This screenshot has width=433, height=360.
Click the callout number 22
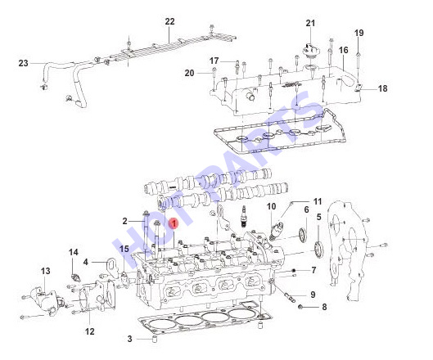[169, 21]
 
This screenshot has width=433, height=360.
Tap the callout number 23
[24, 63]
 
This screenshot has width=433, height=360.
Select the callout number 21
[310, 23]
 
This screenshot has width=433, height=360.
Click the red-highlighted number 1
[174, 224]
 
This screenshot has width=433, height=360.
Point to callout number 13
[46, 271]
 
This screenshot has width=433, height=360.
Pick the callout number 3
[130, 339]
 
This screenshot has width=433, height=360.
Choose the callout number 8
[324, 307]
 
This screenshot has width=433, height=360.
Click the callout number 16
[344, 50]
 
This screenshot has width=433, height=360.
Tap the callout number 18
[383, 88]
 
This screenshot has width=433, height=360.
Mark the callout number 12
[90, 331]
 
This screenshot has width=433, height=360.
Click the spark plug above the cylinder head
[243, 217]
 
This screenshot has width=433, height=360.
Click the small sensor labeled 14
[74, 277]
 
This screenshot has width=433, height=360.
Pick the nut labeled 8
[301, 307]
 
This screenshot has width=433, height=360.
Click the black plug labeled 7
[294, 270]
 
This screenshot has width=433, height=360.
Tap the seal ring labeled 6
[303, 235]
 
